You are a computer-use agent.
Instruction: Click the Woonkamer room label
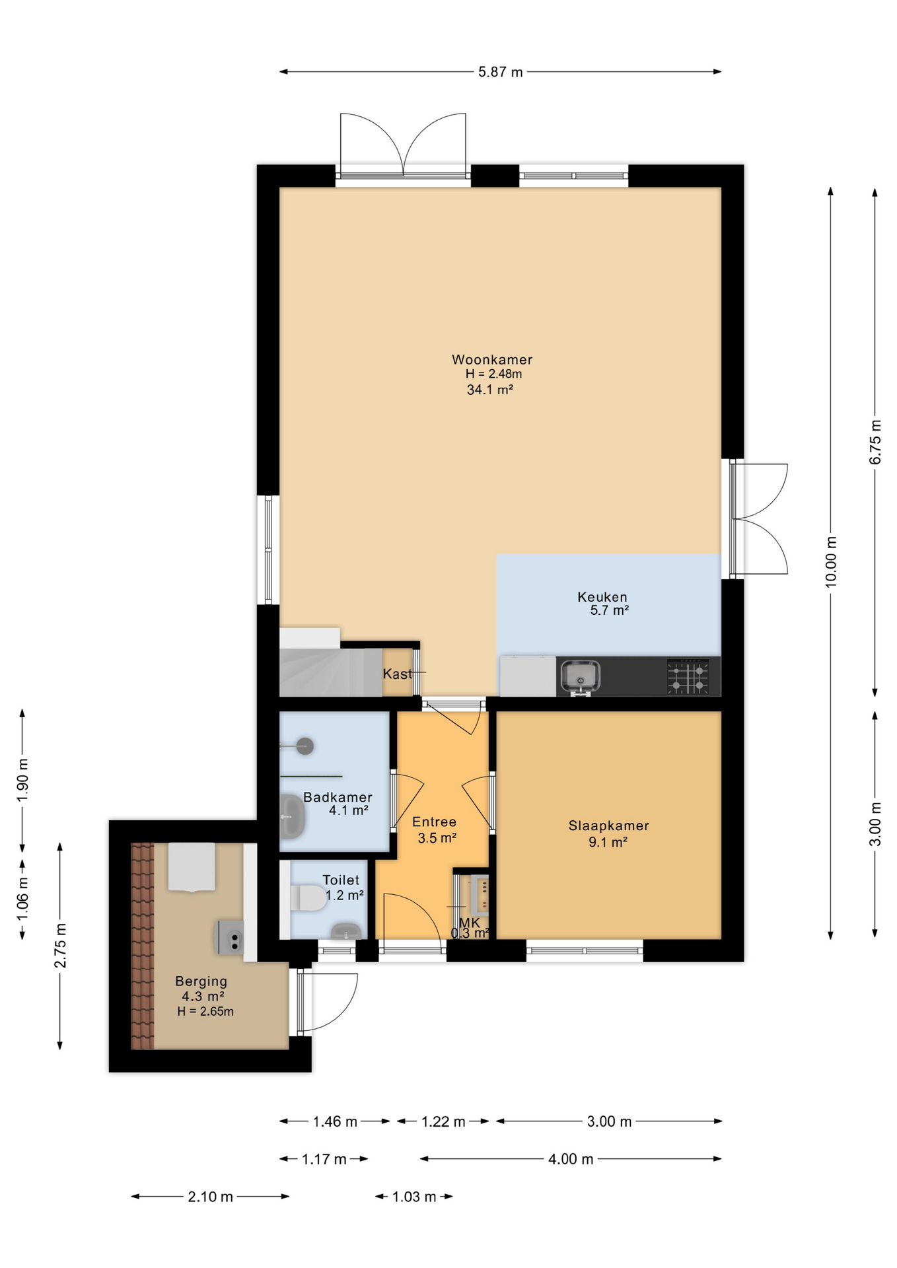point(491,359)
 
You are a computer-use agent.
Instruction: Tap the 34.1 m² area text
point(489,390)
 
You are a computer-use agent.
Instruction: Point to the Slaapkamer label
point(608,826)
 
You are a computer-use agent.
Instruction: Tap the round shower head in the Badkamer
point(305,746)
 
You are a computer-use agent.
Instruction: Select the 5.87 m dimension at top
point(500,72)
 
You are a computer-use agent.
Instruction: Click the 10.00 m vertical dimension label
point(831,561)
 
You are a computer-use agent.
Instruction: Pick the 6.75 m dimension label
point(875,442)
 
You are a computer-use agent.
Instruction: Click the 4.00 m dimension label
point(571,1159)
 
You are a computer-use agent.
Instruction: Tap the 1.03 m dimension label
point(414,1197)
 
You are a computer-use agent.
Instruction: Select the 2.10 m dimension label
point(210,1197)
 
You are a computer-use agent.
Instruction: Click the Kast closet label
point(397,674)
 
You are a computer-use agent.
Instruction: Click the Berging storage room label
point(201,981)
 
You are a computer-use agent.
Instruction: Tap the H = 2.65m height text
point(205,1012)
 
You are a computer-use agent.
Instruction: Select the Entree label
point(434,822)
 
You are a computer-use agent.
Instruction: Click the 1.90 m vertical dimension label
point(23,780)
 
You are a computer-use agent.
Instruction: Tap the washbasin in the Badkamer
point(291,816)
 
